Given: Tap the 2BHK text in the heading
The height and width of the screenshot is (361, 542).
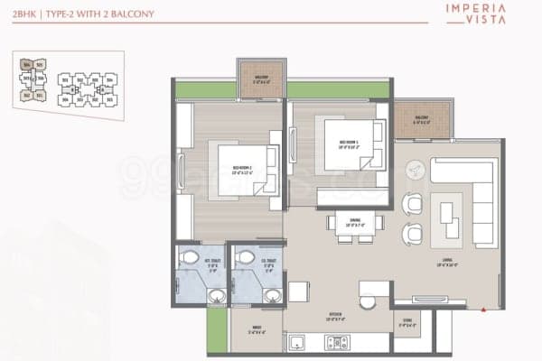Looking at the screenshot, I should [25, 14].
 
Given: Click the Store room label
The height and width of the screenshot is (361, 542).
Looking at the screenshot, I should [407, 322].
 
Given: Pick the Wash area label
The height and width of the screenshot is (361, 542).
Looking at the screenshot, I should [244, 329].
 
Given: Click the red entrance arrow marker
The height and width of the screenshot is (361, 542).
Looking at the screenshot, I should [486, 309].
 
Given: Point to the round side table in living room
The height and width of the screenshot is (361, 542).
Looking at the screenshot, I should [413, 169].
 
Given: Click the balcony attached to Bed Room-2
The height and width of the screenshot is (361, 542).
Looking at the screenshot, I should [262, 79].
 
